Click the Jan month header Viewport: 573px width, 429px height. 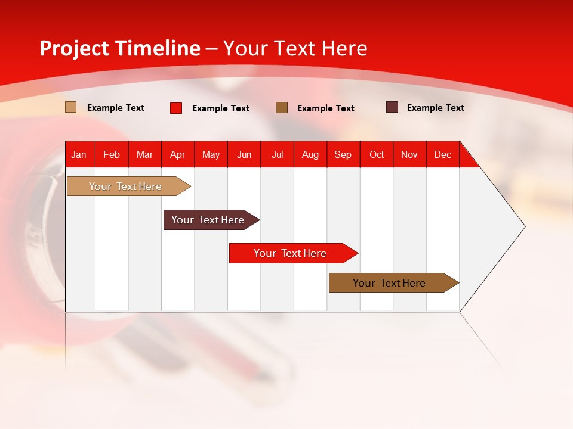[x=79, y=155]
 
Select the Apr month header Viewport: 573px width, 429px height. [x=177, y=155]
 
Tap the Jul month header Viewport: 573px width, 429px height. [x=277, y=155]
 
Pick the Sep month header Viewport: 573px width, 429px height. [x=343, y=155]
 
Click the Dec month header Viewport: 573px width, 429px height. [x=442, y=155]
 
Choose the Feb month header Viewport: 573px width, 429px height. [x=112, y=155]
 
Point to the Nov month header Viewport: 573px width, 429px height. [x=409, y=155]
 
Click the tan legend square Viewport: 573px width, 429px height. [x=70, y=107]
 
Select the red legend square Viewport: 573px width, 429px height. [x=175, y=108]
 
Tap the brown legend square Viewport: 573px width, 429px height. [x=281, y=107]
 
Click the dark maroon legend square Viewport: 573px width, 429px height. [x=392, y=107]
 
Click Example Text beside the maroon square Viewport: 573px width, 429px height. [x=435, y=108]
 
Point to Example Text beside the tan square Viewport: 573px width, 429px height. [x=115, y=108]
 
